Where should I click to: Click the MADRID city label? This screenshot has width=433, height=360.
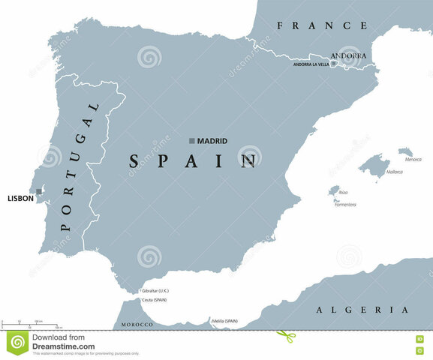[212, 141]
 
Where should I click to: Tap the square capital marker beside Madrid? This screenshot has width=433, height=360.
[192, 141]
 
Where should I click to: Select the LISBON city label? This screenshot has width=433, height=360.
[20, 198]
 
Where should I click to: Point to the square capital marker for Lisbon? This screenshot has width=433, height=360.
[39, 191]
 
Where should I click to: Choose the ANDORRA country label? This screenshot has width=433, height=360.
[348, 55]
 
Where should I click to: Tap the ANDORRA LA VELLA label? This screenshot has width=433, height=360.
[311, 64]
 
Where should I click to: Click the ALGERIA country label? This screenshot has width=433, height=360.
[362, 310]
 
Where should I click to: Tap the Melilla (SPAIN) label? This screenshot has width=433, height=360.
[225, 321]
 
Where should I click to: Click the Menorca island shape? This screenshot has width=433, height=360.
[405, 151]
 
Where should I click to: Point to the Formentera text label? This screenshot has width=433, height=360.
[345, 203]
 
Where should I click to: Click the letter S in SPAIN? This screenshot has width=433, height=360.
[135, 160]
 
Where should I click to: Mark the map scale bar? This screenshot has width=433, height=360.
[23, 323]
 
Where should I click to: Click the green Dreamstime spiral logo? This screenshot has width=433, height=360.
[17, 342]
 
